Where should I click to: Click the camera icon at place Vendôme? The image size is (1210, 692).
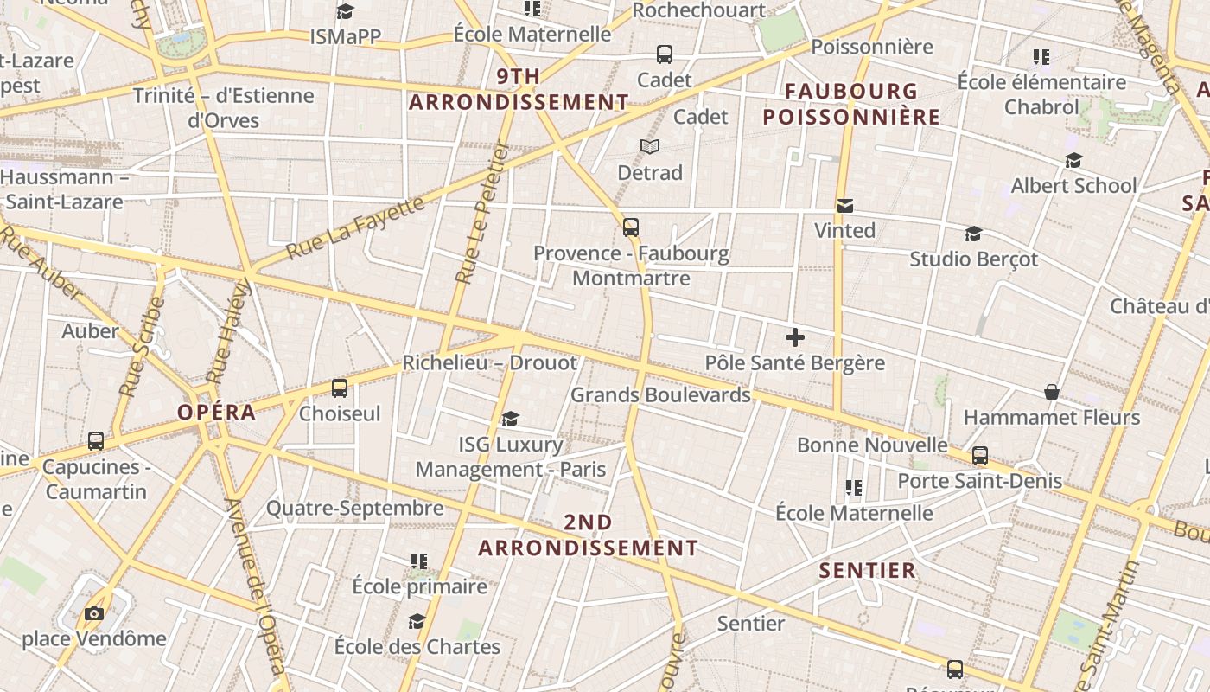coord(93,614)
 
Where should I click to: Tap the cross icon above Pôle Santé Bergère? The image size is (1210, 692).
coord(795,337)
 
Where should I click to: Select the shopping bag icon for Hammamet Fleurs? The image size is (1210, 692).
coord(1052,393)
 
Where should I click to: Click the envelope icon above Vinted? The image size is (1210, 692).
coord(845,206)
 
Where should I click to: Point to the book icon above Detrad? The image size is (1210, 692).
coord(650,147)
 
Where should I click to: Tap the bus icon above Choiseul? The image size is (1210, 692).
coord(340,388)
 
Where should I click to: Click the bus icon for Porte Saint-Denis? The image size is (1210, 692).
coord(980,456)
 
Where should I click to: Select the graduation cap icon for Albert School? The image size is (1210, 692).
coord(1073,161)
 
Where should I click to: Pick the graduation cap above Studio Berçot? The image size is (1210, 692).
coord(973,234)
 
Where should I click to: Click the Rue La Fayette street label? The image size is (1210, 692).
coord(355,227)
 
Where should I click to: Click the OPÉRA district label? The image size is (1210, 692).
coord(217,413)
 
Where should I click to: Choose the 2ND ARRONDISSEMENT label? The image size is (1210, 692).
coord(588,535)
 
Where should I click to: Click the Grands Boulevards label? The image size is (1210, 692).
coord(660,395)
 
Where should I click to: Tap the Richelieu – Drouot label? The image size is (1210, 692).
coord(489,362)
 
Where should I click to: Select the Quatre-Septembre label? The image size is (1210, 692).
coord(354,508)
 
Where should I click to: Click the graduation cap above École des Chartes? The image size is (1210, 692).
coord(417,622)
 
